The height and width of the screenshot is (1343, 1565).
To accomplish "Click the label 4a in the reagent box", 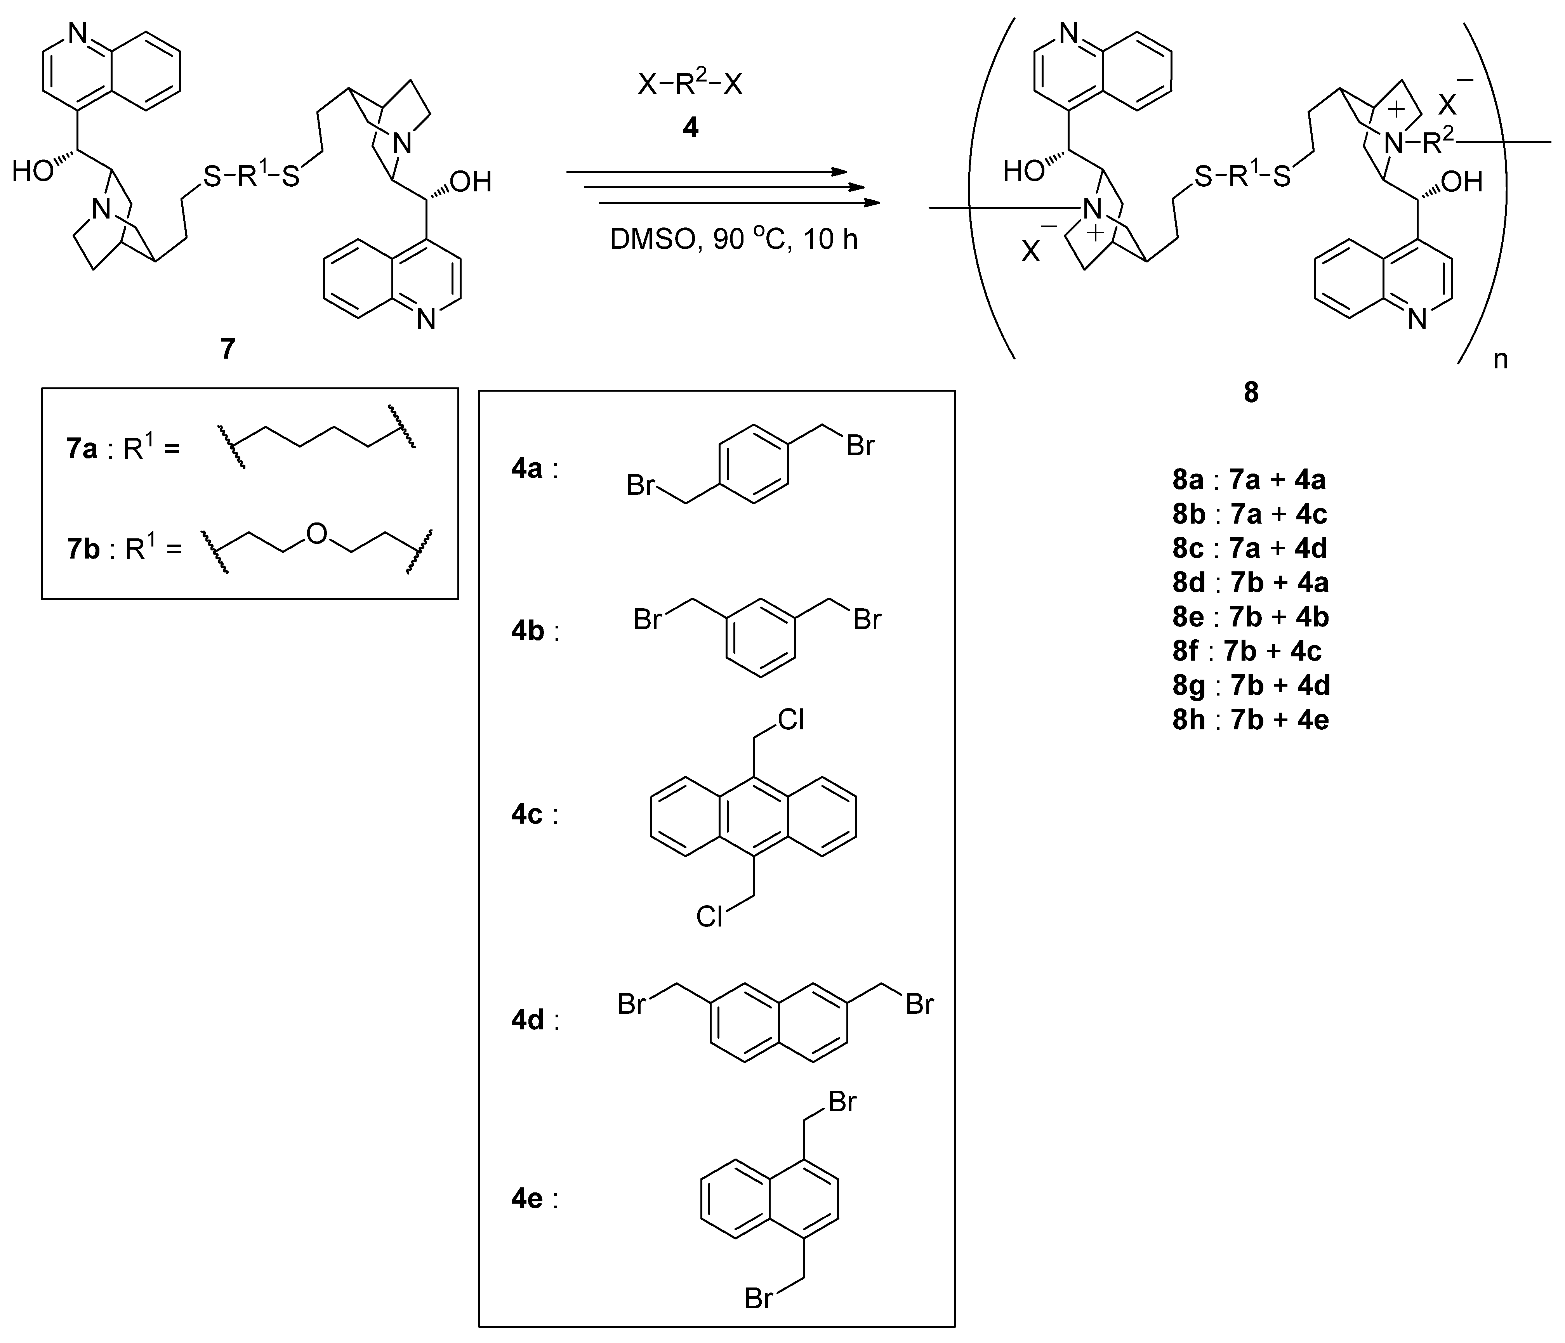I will pyautogui.click(x=527, y=469).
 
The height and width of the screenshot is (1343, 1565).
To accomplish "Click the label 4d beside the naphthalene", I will pyautogui.click(x=527, y=1020).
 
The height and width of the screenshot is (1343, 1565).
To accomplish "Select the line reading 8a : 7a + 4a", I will pyautogui.click(x=1250, y=480).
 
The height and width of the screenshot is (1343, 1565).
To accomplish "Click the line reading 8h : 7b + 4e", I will pyautogui.click(x=1250, y=719).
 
